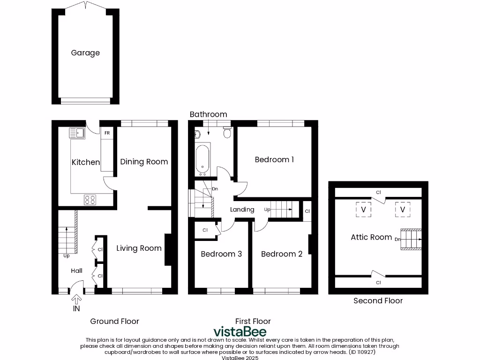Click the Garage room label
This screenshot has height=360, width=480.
[85, 53]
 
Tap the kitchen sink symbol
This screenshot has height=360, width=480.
[76, 133]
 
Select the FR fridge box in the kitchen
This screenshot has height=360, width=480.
[107, 133]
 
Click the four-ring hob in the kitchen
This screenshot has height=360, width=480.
[90, 200]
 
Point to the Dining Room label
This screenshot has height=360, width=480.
[144, 162]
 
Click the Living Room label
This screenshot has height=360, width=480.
[139, 248]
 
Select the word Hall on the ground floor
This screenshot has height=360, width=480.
[76, 270]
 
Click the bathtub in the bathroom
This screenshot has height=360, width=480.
[202, 158]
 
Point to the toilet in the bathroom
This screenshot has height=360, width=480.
[227, 133]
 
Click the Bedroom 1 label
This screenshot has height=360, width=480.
[274, 160]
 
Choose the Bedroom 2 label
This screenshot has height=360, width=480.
[281, 254]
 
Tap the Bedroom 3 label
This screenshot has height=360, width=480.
[221, 254]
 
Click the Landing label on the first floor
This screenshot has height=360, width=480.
[242, 210]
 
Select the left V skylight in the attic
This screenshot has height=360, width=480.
[363, 210]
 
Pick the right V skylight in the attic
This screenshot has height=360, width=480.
[402, 210]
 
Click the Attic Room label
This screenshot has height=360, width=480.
[371, 237]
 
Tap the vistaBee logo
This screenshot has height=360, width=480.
[240, 331]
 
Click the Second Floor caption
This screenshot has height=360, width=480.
[378, 301]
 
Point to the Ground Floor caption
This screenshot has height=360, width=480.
[114, 321]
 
